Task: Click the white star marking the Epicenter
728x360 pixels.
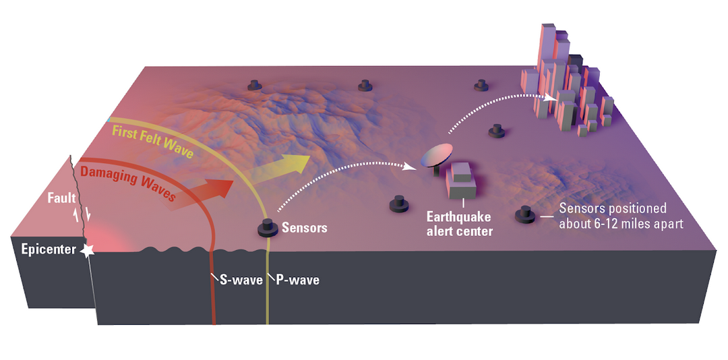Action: tap(87, 250)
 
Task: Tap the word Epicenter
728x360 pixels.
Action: tap(49, 250)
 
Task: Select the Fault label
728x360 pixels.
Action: tap(61, 200)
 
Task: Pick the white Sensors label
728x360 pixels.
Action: tap(305, 228)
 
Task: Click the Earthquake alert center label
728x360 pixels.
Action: tap(459, 223)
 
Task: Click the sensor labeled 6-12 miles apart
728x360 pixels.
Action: tap(526, 214)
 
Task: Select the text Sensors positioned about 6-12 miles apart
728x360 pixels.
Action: tap(621, 216)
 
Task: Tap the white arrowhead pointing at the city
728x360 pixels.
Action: tap(551, 98)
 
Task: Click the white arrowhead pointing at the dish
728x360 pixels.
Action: tap(410, 167)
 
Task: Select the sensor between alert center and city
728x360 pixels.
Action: tap(497, 131)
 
